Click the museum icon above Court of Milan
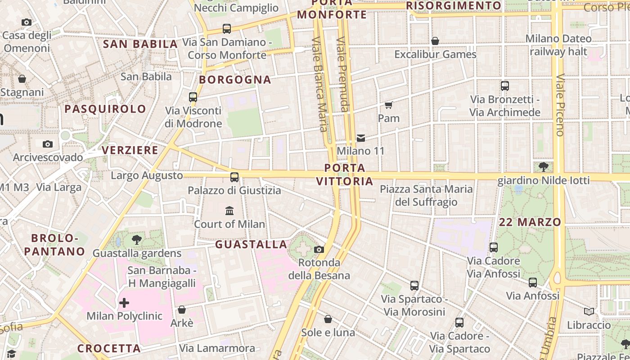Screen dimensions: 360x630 [229, 211]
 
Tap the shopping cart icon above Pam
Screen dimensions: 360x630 [388, 105]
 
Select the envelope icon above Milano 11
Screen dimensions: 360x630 [361, 138]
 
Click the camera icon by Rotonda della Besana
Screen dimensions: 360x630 [319, 249]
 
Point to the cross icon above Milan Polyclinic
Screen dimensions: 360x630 [124, 303]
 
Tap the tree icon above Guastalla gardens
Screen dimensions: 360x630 [137, 240]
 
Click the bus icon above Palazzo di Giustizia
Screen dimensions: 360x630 [234, 177]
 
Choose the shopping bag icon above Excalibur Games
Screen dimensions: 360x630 [435, 41]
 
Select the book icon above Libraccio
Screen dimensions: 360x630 [589, 311]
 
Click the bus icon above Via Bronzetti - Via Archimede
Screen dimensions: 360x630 [504, 86]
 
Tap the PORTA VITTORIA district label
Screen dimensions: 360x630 [345, 175]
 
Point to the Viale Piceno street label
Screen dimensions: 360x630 [560, 105]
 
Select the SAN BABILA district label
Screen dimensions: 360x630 [140, 44]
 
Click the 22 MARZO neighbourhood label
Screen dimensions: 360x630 [530, 222]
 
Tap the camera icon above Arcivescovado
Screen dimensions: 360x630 [48, 144]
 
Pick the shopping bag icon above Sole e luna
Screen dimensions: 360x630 [328, 319]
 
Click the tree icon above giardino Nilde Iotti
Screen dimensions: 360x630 [543, 167]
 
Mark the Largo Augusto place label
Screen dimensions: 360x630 [147, 175]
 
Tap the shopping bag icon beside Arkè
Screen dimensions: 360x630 [182, 310]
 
